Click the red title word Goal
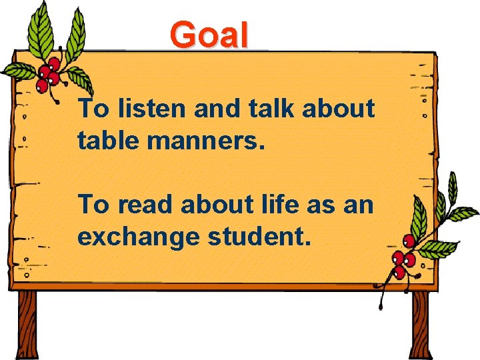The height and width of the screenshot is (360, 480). (x=209, y=35)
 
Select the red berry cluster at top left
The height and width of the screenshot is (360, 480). (x=49, y=73)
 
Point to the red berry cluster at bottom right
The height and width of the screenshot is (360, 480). (x=402, y=259)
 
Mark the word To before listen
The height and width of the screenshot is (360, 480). (x=93, y=109)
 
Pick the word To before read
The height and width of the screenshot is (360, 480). (x=93, y=205)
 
